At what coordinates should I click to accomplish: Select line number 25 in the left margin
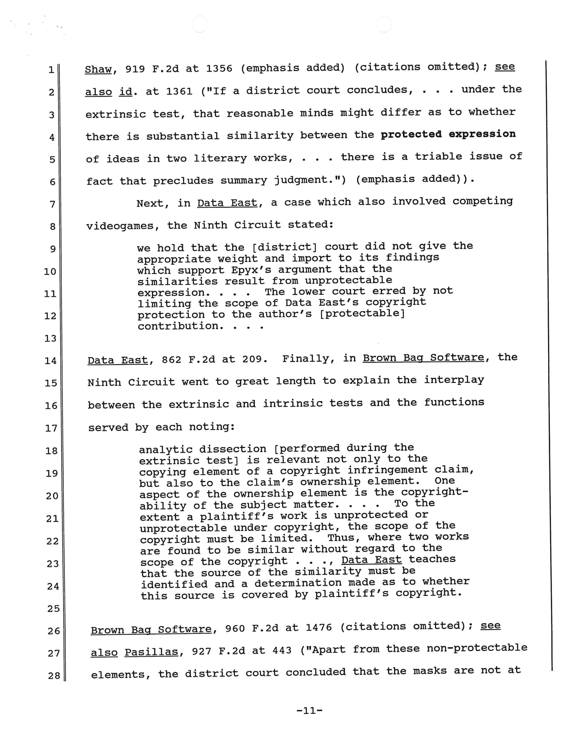(x=53, y=609)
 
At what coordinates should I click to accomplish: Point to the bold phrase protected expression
(x=448, y=134)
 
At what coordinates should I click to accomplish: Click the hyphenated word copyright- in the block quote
(x=434, y=492)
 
